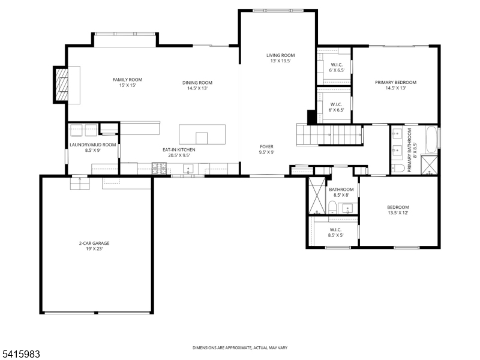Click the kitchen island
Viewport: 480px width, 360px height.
point(202,134)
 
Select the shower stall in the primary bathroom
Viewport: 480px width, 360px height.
point(430,164)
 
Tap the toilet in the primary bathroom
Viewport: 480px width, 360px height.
point(398,167)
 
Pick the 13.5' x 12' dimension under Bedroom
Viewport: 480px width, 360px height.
point(398,213)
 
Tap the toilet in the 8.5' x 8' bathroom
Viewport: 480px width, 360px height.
point(332,208)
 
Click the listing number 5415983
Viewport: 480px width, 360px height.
point(21,355)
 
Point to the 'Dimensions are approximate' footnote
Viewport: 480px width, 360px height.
point(240,348)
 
